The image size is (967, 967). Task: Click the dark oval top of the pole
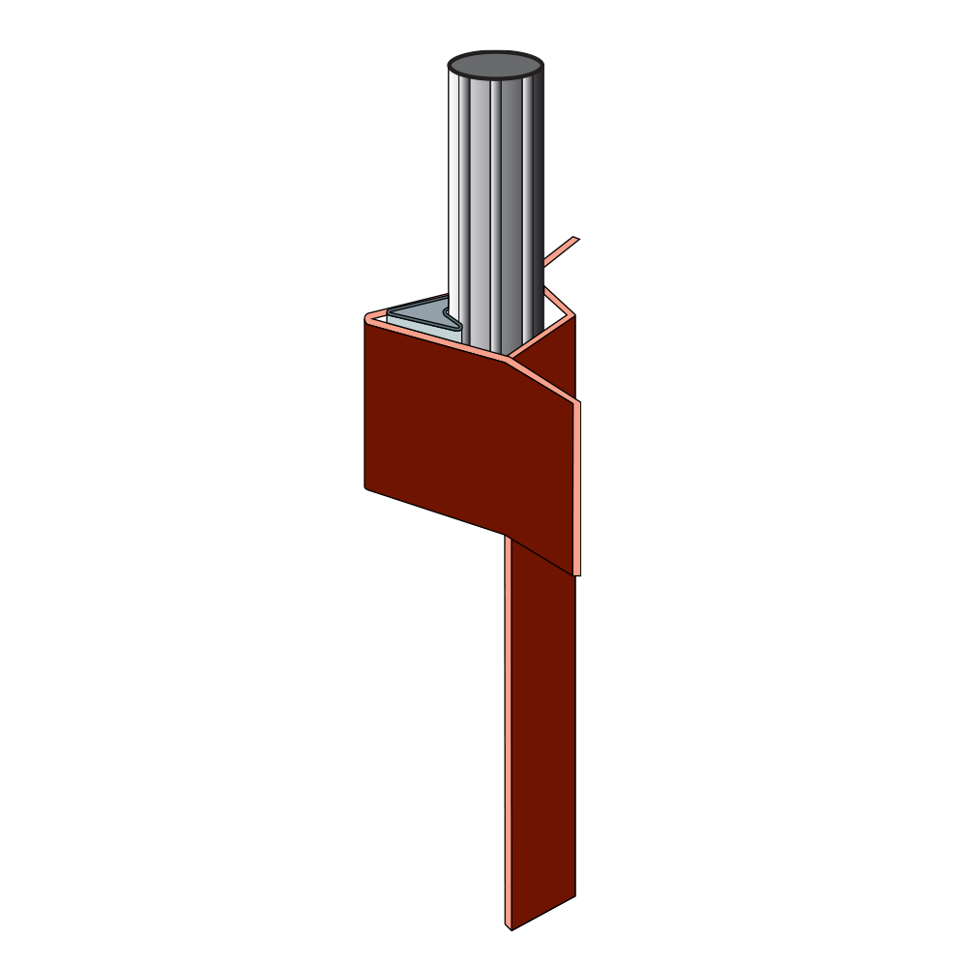tap(495, 67)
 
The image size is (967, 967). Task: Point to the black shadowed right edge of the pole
tap(537, 193)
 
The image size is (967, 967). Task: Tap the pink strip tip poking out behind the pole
tap(571, 244)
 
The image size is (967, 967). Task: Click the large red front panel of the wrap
tap(435, 425)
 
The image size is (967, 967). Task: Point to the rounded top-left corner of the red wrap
tap(367, 316)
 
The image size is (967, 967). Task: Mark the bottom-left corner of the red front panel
tap(366, 485)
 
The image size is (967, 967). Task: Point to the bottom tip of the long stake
tap(510, 929)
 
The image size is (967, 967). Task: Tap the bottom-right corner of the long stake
tap(575, 894)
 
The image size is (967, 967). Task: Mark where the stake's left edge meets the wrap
tap(506, 537)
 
